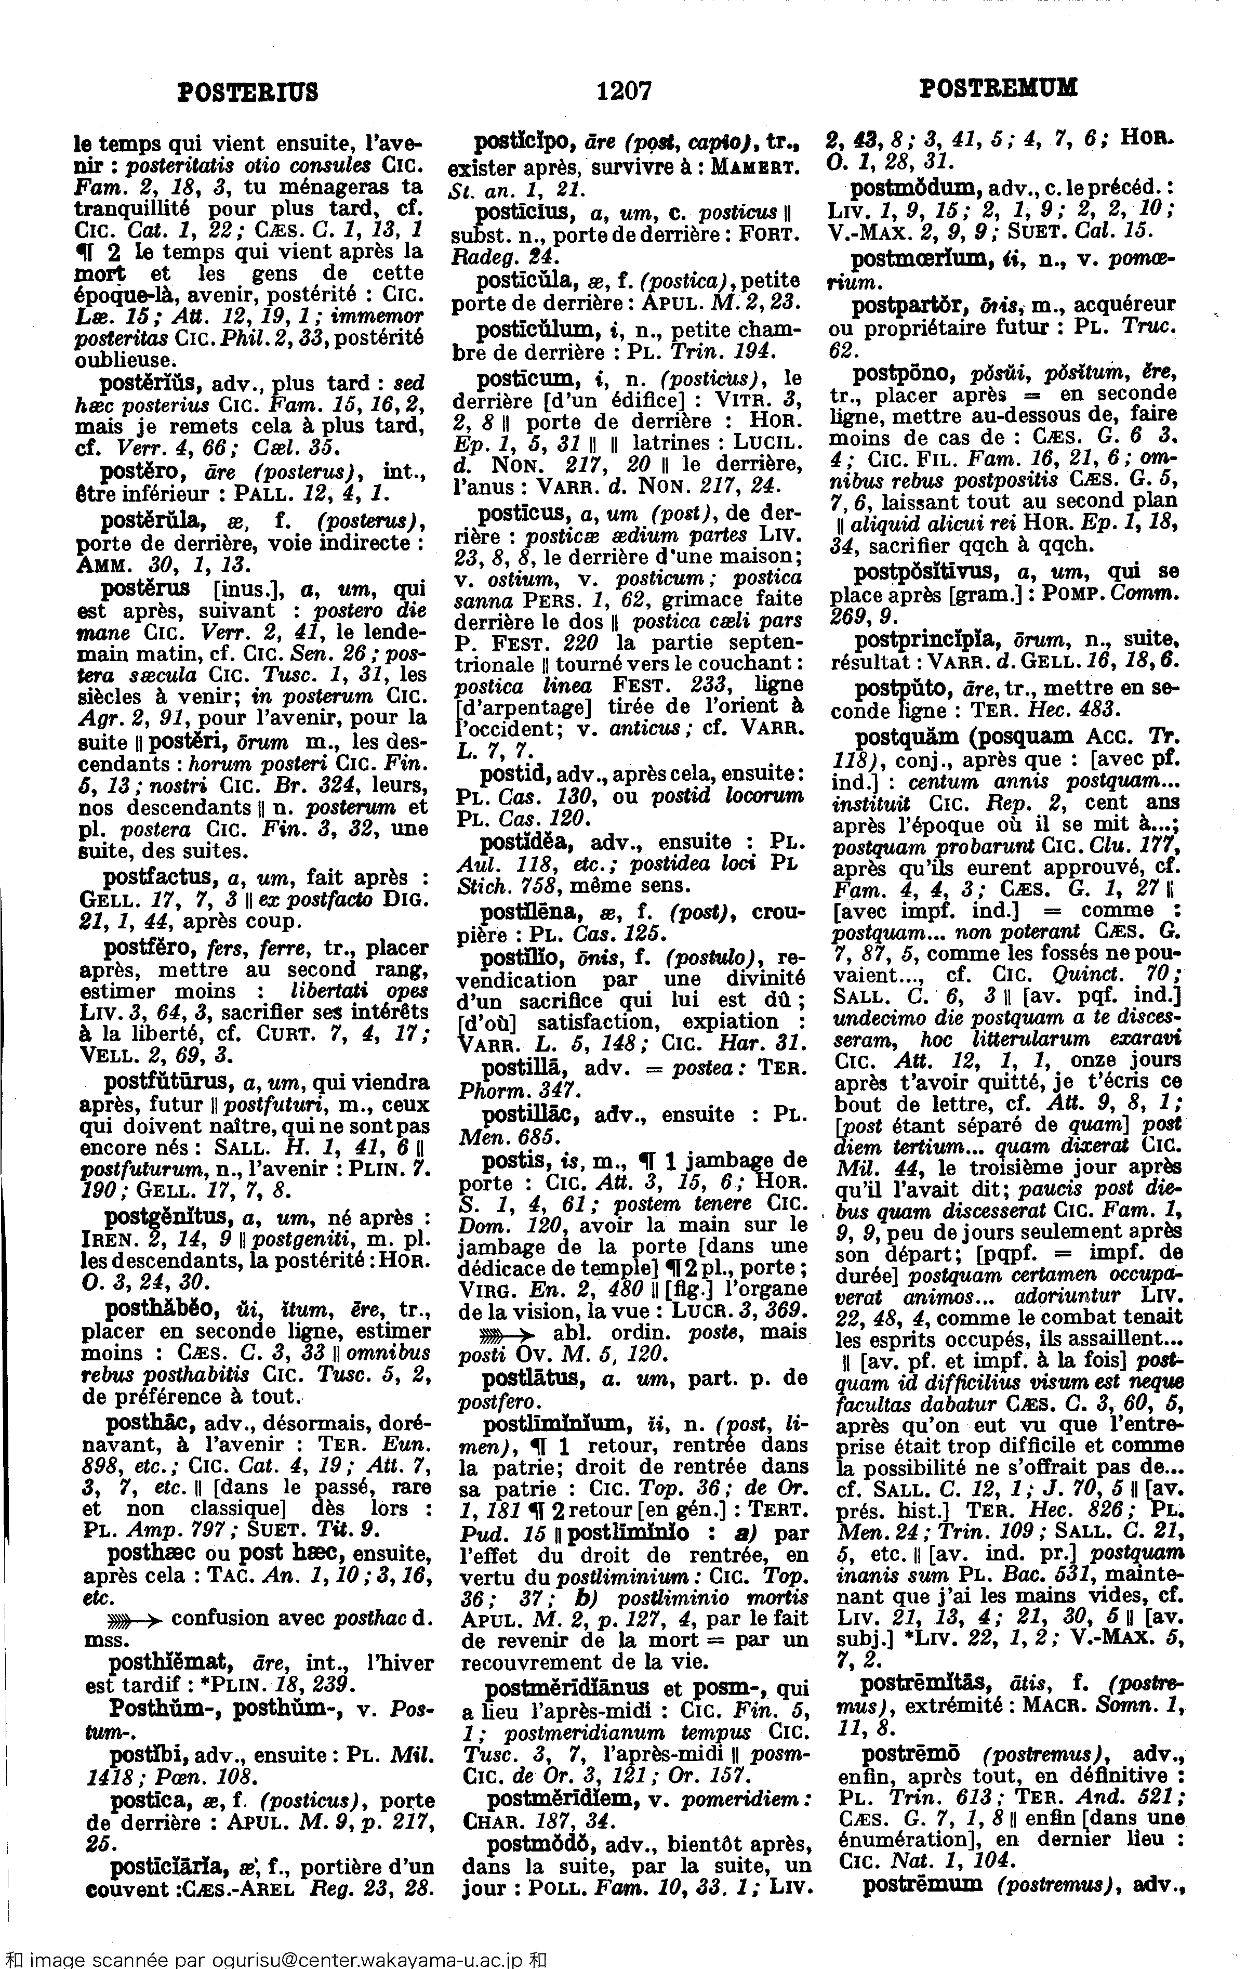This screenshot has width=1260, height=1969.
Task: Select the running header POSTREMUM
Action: tap(998, 88)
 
